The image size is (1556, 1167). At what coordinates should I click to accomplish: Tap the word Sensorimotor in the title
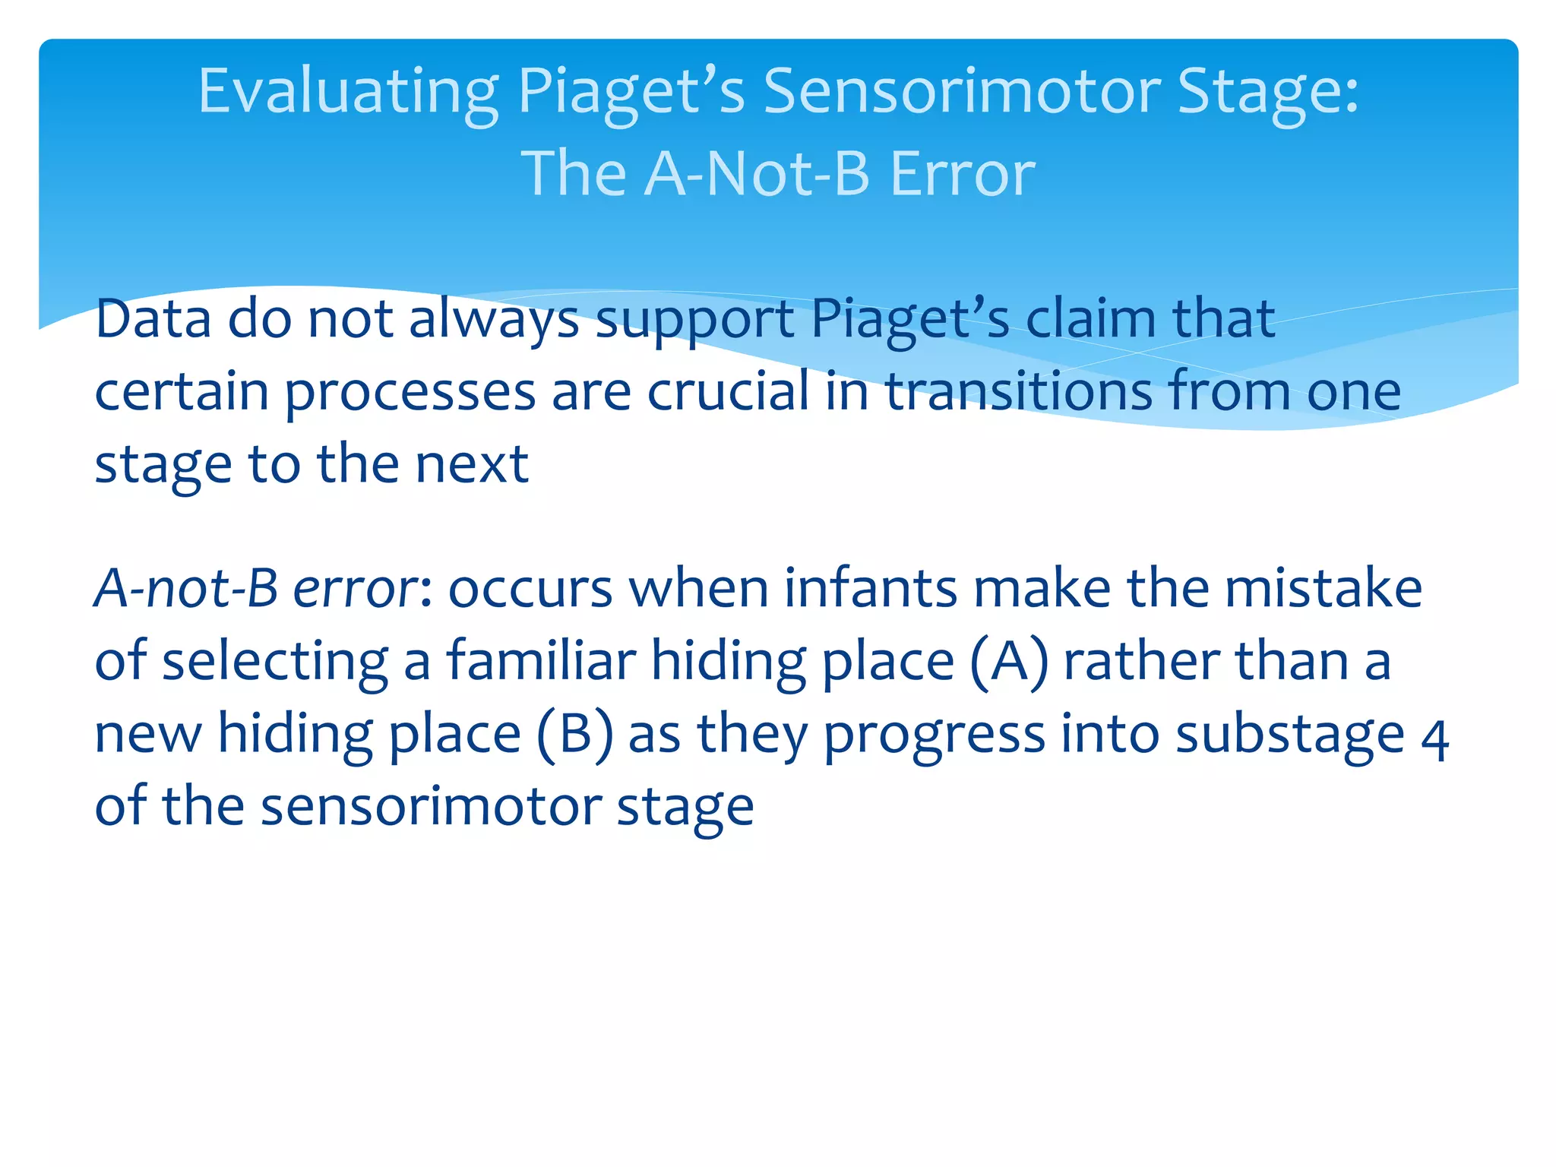click(961, 91)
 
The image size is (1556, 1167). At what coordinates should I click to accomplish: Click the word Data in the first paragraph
click(153, 318)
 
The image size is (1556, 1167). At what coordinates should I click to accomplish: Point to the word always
click(494, 320)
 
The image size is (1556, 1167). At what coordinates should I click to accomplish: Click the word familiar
click(540, 660)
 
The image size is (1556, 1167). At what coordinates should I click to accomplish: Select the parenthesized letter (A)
click(1009, 662)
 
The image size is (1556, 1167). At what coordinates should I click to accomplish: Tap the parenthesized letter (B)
click(574, 735)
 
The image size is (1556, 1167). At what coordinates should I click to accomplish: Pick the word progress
click(934, 736)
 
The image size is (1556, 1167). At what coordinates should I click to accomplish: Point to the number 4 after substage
click(1434, 741)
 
